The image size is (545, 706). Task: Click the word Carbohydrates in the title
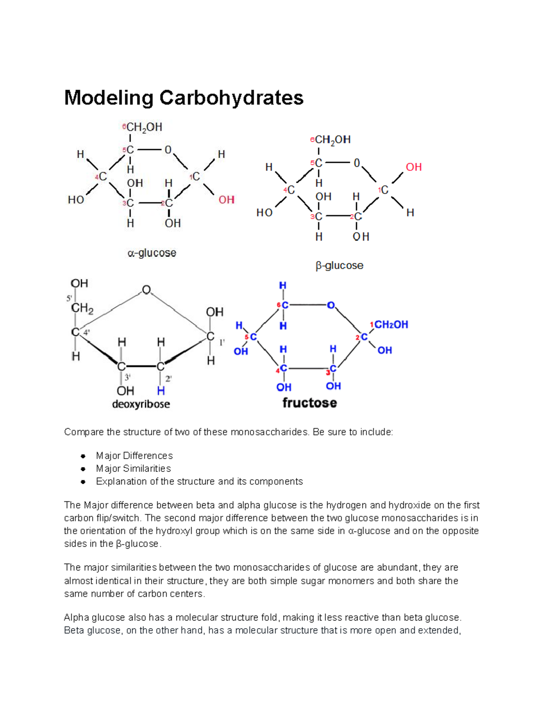click(231, 98)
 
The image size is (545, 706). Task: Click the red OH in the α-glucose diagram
click(227, 200)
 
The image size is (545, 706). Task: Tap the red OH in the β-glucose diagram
click(414, 167)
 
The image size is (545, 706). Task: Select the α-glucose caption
click(152, 253)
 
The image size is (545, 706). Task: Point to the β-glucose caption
click(339, 265)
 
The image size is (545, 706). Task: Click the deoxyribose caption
click(141, 404)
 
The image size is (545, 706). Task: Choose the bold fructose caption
click(310, 403)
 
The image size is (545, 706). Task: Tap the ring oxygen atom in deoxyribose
click(146, 290)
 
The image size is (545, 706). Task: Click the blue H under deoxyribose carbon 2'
click(161, 391)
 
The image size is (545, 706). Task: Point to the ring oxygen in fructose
click(331, 305)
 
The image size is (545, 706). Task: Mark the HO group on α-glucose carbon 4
click(76, 200)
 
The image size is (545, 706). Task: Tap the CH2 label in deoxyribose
click(82, 308)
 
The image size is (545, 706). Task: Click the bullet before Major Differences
click(83, 456)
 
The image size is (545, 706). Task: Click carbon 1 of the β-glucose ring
click(385, 190)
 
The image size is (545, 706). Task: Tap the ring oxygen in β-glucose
click(357, 163)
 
